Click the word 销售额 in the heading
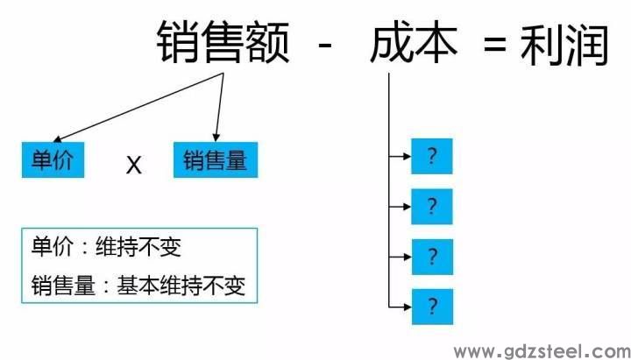[x=223, y=42]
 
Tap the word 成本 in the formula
[x=414, y=42]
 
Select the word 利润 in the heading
[x=564, y=44]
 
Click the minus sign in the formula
[x=325, y=45]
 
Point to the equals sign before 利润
[x=495, y=45]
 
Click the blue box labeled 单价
[x=53, y=159]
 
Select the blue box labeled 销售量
[x=216, y=159]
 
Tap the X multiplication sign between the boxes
[x=133, y=165]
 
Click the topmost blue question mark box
[x=432, y=156]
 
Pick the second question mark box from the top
[x=432, y=207]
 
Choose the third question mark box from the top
[x=432, y=257]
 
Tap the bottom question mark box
[x=432, y=307]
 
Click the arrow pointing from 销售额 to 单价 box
[x=138, y=108]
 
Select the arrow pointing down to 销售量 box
[x=220, y=108]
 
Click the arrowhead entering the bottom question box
[x=407, y=307]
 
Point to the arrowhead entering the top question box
[x=407, y=156]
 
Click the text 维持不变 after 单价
[x=138, y=247]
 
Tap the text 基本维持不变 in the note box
[x=181, y=286]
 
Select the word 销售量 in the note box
[x=63, y=286]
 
